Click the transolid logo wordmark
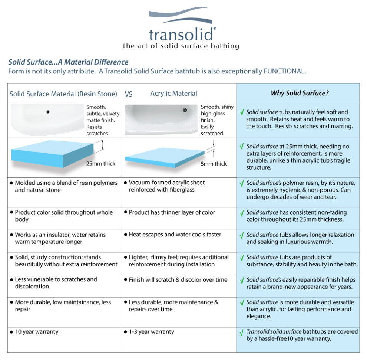182,34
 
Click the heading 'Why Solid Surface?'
300,93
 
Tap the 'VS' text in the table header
128,94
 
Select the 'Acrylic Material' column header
173,94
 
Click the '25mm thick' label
100,164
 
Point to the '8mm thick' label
214,164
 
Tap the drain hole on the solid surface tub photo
48,111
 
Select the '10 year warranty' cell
36,332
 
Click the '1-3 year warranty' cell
151,332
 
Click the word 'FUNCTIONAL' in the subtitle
284,71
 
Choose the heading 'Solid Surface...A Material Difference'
68,62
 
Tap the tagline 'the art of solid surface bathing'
181,46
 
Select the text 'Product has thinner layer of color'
172,212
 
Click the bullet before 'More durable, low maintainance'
11,302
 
